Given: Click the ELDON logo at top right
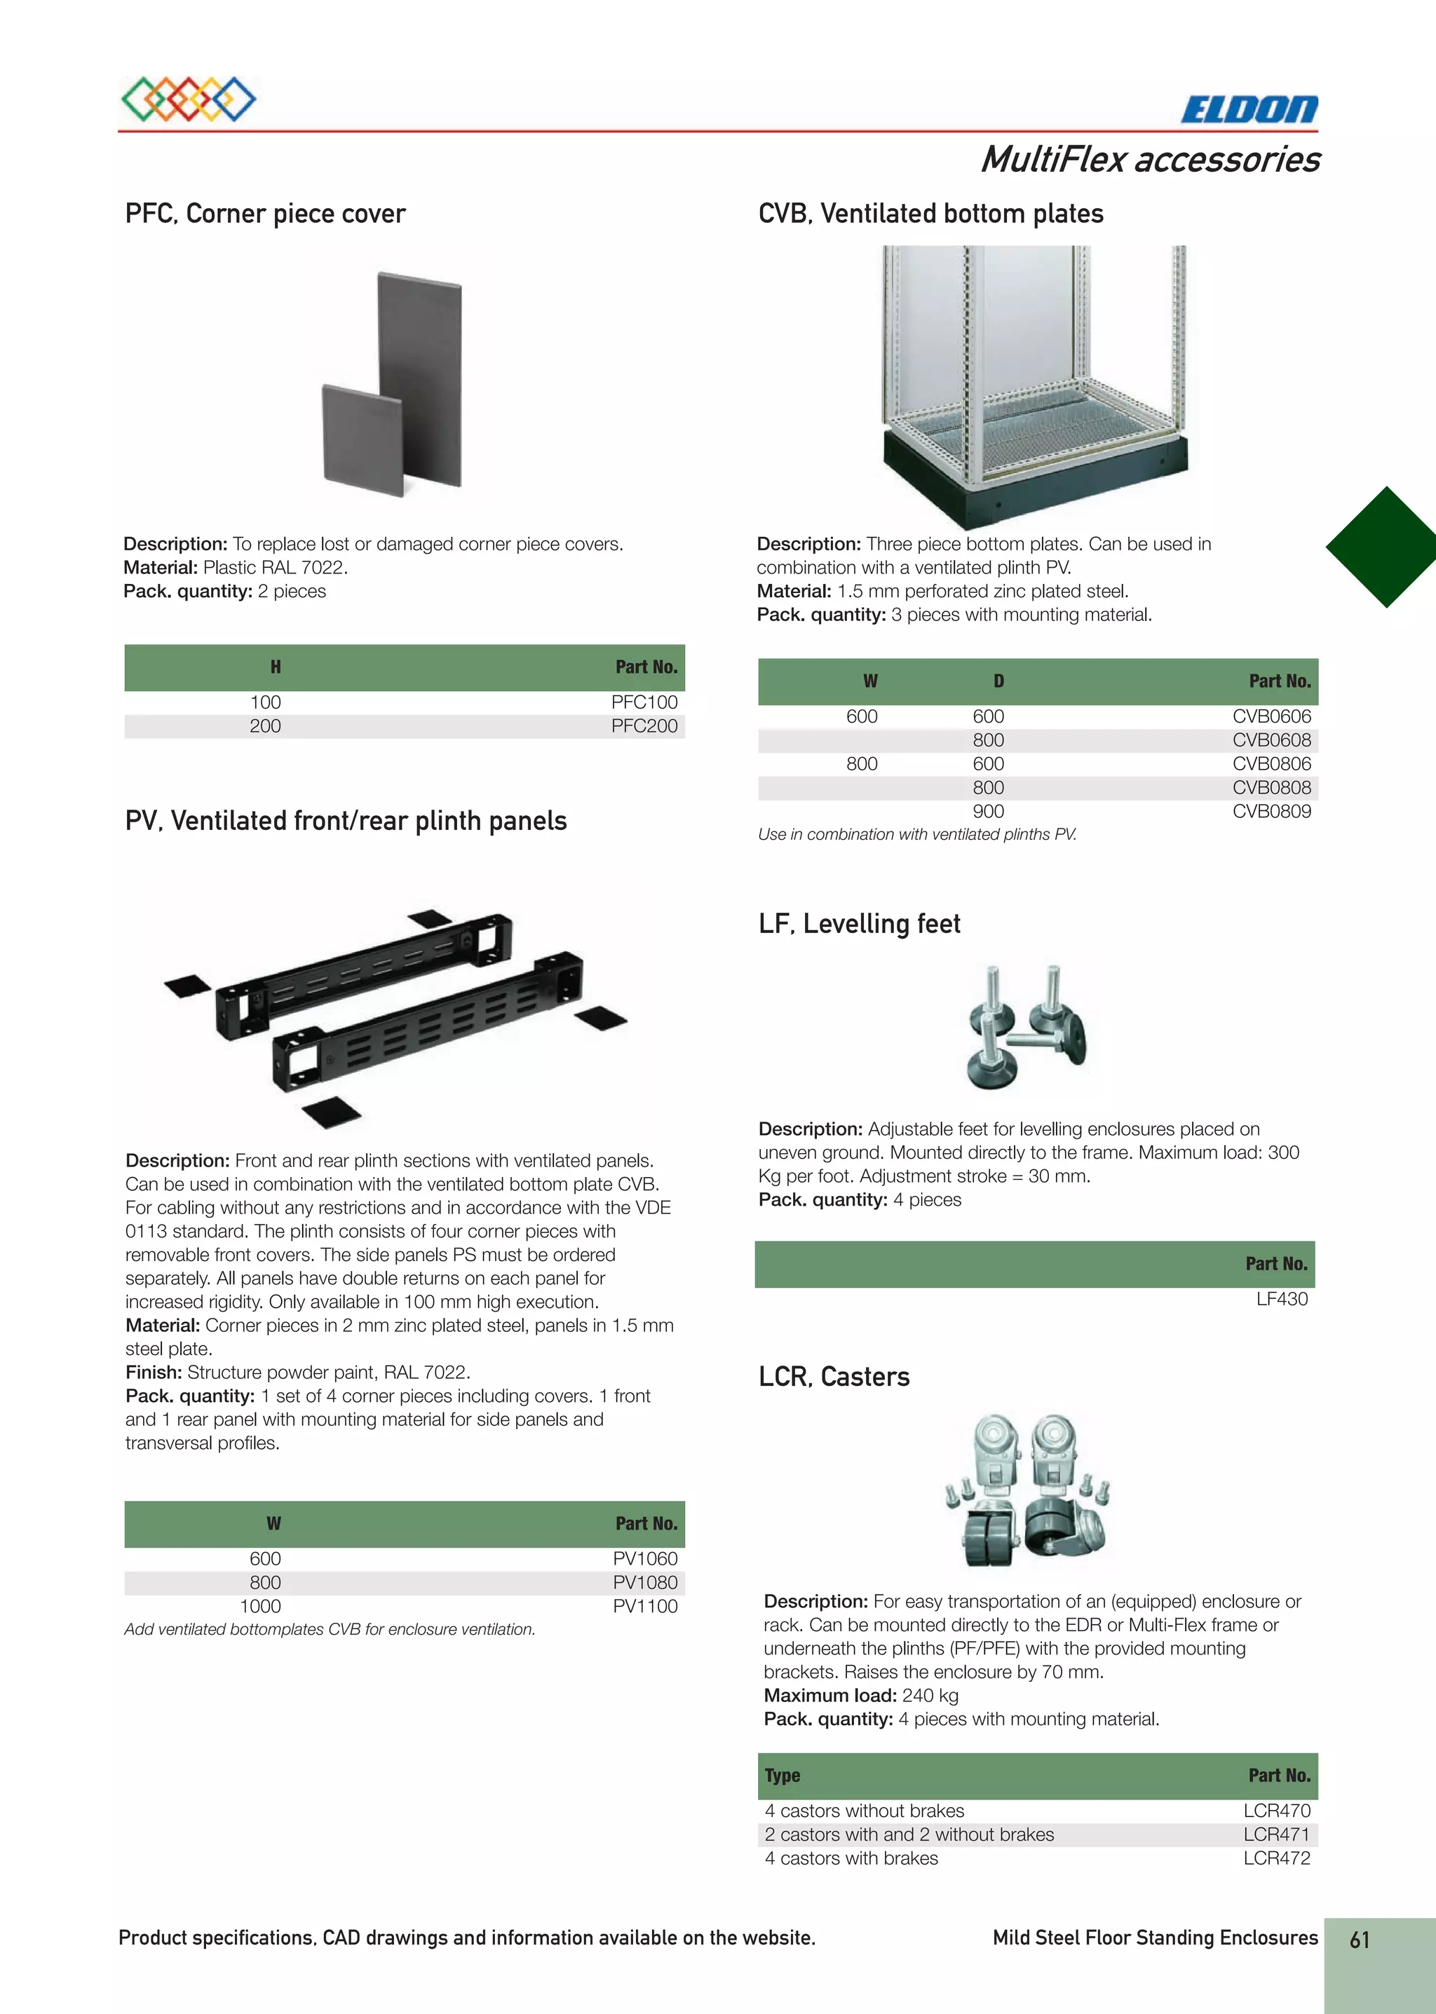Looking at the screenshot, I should tap(1249, 109).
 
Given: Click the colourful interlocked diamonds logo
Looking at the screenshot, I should tap(189, 99).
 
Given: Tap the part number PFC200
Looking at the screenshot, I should tap(644, 726).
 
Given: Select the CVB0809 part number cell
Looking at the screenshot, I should tap(1271, 811).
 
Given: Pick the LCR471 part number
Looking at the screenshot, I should tap(1276, 1835).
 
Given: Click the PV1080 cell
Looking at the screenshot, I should tap(644, 1583).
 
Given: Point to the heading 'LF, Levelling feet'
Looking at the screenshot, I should tap(859, 924).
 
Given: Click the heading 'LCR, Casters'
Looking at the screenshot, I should tap(834, 1377).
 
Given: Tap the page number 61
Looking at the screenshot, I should tap(1359, 1940).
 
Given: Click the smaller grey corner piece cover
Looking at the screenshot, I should tap(363, 440).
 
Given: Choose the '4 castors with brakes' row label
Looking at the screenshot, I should tap(851, 1858).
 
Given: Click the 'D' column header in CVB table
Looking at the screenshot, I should tap(998, 681).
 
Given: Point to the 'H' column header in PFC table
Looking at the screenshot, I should tap(276, 667).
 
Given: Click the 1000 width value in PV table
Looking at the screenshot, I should tap(261, 1607).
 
